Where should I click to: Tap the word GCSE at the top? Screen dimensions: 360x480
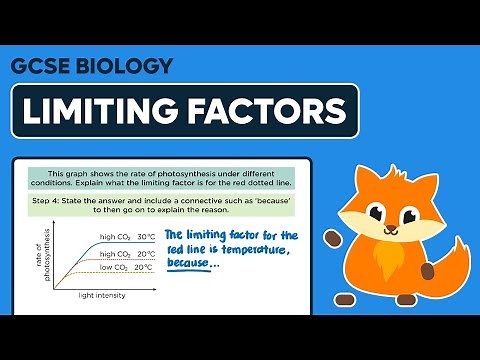point(42,68)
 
